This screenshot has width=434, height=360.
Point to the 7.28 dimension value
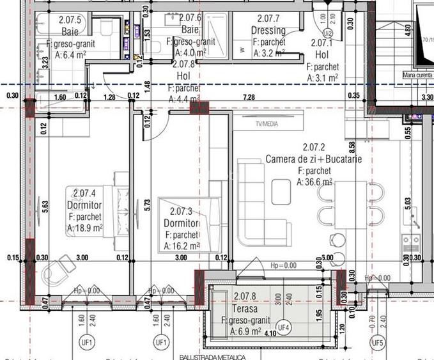coord(249,97)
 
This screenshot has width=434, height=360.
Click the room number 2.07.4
coord(84,193)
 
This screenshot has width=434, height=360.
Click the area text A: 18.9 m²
coord(85,228)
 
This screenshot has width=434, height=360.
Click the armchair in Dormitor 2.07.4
coord(62,265)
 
